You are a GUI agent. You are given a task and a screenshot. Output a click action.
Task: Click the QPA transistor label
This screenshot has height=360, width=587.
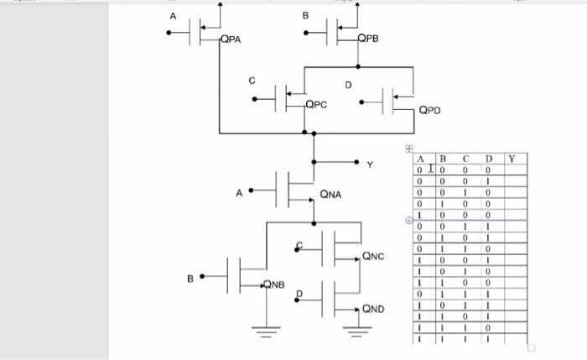(231, 39)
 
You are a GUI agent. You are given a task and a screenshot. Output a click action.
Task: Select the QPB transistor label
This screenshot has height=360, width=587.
(367, 39)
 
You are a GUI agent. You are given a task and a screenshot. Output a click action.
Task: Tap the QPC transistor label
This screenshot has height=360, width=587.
(315, 105)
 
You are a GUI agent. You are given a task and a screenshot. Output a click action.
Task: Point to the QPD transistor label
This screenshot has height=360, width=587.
(429, 109)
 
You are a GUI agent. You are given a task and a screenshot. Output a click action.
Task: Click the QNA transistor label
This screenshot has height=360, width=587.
(330, 195)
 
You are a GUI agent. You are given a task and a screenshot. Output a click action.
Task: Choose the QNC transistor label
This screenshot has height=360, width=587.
(373, 256)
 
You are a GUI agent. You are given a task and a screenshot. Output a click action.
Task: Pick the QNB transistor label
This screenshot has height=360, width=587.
(274, 284)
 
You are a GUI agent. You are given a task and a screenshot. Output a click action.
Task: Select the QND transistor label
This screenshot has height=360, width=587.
(373, 309)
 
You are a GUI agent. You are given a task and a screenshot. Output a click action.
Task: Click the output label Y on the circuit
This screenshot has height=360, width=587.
(370, 164)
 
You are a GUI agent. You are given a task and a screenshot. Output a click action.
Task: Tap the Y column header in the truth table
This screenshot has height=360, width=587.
(512, 158)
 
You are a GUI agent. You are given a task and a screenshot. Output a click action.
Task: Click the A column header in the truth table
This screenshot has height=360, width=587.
(418, 158)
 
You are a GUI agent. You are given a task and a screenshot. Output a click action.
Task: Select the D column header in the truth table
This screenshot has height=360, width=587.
(487, 158)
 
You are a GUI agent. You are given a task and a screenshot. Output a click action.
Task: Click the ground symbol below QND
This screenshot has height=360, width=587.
(356, 333)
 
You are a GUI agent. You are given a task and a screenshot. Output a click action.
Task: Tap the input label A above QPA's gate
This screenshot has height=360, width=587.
(174, 16)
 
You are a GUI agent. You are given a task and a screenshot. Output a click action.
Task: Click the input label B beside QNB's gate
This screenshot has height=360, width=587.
(190, 277)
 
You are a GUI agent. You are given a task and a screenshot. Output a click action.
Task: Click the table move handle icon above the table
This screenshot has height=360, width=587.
(410, 148)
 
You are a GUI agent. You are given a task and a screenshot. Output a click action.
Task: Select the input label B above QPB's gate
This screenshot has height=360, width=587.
(305, 16)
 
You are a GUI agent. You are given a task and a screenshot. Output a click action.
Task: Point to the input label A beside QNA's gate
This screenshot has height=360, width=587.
(239, 192)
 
